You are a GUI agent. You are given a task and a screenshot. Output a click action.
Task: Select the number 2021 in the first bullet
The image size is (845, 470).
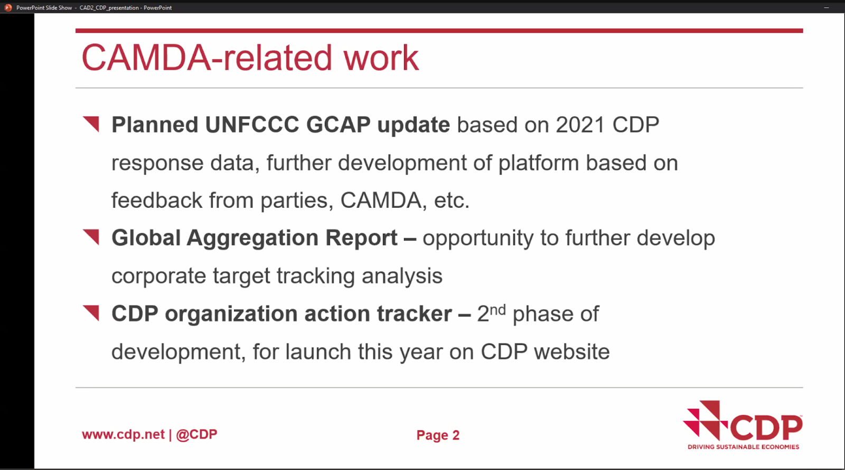tap(580, 124)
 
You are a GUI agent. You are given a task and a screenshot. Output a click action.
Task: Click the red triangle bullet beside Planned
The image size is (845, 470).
tap(91, 124)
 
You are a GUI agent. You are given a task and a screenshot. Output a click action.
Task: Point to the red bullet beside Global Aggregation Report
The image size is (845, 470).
tap(91, 237)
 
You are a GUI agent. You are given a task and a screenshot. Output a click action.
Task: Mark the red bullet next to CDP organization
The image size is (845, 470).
tap(91, 313)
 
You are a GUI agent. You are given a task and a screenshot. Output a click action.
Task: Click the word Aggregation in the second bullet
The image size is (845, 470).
tap(252, 239)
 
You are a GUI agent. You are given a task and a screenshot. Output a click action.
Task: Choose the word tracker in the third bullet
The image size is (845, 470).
tap(415, 313)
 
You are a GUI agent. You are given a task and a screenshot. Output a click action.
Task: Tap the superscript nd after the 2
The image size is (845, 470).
tap(497, 309)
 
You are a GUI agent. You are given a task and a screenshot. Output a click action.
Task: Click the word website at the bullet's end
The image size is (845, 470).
tap(572, 352)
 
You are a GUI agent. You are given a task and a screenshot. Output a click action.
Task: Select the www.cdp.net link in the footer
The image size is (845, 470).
tap(124, 435)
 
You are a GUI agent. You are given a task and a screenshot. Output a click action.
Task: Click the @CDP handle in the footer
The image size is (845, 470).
tap(196, 435)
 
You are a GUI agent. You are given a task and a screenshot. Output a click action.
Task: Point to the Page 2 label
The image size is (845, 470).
tap(438, 435)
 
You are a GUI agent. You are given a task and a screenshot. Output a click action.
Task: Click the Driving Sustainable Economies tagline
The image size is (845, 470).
tap(743, 447)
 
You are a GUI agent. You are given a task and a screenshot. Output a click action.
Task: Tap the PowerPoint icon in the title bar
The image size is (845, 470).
tap(8, 7)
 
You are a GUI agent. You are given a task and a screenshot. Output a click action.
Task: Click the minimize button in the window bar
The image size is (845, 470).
tap(826, 7)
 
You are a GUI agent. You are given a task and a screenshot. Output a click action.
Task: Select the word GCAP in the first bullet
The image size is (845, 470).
tap(339, 124)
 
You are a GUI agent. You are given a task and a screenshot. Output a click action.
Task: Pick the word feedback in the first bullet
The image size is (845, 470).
tap(156, 200)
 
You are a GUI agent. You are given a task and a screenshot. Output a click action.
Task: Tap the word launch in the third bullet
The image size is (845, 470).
tap(318, 352)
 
